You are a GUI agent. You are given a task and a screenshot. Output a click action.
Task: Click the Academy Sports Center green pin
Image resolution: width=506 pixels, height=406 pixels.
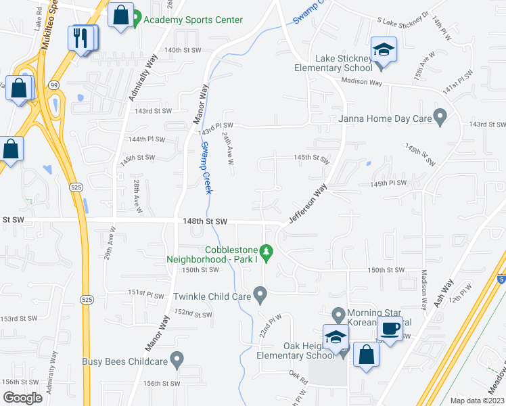(136, 19)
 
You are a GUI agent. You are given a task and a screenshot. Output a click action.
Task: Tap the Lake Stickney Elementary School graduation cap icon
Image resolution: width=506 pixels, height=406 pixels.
(384, 50)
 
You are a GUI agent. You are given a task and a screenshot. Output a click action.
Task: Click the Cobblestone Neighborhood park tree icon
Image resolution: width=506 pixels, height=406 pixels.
(267, 253)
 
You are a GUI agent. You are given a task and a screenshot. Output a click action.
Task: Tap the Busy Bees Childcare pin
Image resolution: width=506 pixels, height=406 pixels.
(177, 360)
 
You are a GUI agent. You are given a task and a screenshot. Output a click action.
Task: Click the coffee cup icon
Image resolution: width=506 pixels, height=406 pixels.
(389, 329)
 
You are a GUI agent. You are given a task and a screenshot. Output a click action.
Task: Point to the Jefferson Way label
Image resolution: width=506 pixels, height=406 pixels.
(308, 203)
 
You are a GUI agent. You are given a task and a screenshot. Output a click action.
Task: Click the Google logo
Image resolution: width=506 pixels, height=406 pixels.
(22, 398)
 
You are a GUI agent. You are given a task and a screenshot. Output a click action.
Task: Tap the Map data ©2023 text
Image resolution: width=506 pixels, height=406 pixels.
(477, 401)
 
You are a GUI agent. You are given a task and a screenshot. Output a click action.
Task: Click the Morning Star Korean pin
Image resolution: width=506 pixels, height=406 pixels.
(340, 314)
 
